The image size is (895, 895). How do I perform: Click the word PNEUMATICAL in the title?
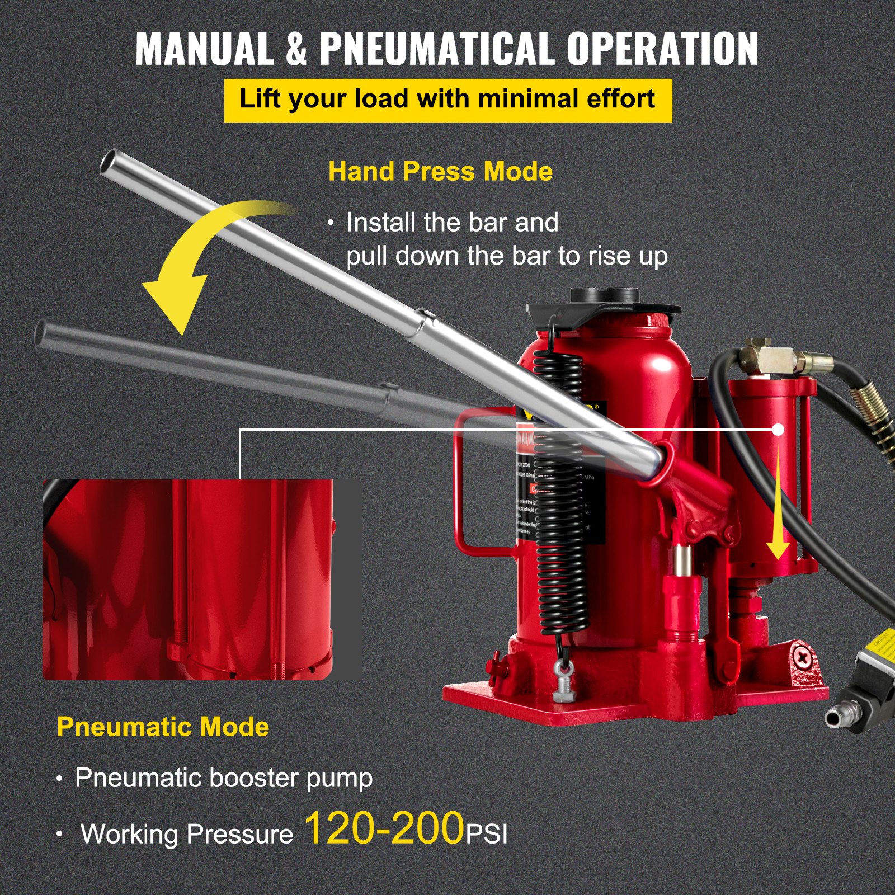point(437,49)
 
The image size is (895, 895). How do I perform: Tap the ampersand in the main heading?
point(296,49)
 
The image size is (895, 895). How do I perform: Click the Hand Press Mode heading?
point(440,171)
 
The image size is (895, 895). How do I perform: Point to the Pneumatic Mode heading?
point(163,727)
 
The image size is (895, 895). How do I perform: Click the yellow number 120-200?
point(384,828)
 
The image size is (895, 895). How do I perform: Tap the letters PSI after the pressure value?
point(487,835)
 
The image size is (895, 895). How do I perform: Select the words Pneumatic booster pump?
point(224,778)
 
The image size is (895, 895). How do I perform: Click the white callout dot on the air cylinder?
point(778,430)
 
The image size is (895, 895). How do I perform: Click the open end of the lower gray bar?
point(41,333)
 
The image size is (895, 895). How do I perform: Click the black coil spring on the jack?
point(559,492)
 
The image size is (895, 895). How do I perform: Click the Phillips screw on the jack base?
point(804,657)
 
